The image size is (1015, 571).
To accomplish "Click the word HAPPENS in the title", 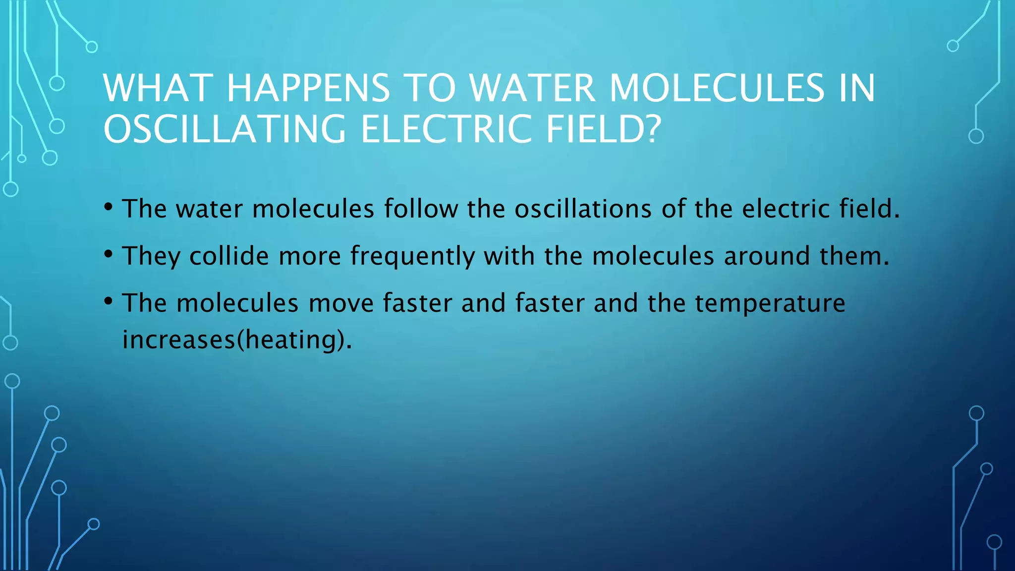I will [x=308, y=88].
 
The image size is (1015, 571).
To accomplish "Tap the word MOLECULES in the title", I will [x=717, y=88].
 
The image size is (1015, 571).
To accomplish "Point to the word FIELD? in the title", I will [x=603, y=129].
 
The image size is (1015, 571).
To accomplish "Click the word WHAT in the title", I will [x=158, y=88].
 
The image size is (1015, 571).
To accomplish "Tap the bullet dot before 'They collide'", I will [x=109, y=254].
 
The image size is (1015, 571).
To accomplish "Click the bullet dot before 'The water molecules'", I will [x=109, y=207].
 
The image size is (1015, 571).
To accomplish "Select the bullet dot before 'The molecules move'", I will [x=109, y=301].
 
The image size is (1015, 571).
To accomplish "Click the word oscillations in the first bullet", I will [x=583, y=208].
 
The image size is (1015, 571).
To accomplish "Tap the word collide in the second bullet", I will [x=229, y=256].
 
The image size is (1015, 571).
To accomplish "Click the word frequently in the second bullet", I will [x=412, y=257].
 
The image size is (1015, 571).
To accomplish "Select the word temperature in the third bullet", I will [x=770, y=303].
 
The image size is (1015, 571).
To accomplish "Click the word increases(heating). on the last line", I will [x=237, y=340].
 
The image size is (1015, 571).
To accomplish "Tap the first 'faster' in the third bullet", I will [x=417, y=303].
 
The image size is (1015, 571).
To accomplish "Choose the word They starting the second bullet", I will [x=151, y=256].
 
